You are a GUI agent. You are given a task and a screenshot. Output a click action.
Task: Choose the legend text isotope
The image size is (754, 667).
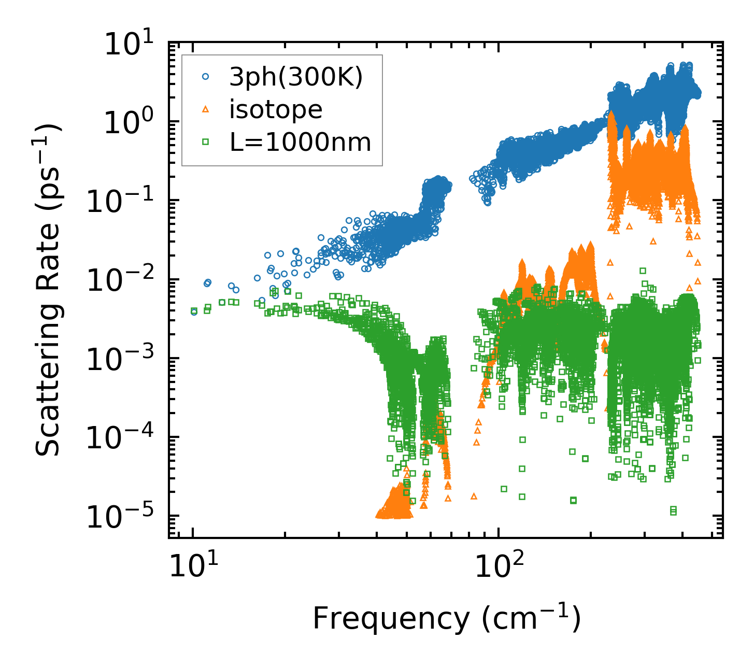276,109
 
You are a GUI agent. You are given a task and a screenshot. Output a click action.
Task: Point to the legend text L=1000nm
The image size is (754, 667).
301,142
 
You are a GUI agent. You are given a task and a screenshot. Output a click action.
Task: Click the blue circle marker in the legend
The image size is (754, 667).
206,76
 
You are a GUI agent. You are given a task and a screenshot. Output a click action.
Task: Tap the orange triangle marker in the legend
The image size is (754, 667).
206,109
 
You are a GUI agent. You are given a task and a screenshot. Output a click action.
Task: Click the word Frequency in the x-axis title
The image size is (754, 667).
391,618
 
